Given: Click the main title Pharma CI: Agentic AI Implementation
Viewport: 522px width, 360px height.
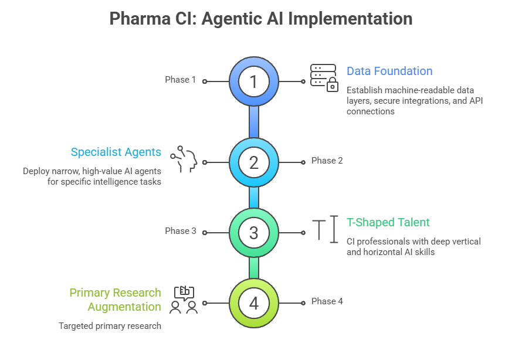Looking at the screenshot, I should coord(261,18).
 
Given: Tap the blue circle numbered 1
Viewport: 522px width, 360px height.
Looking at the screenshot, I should coord(253,81).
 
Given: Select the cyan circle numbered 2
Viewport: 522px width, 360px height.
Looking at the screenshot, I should coord(253,162).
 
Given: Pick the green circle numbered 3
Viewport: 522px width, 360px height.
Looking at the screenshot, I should coord(253,233).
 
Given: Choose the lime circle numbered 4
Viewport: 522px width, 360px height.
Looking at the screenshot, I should coord(253,303).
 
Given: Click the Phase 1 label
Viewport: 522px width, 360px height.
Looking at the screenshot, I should coord(181,80).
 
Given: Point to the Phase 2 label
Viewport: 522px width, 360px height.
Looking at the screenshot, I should coord(327,161).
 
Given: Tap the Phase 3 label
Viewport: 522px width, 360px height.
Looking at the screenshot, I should coord(181,231).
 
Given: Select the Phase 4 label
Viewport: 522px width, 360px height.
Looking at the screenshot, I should coord(327,301).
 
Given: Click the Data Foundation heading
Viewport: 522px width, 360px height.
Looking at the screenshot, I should coord(389,72).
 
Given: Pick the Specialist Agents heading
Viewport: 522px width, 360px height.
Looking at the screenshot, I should coord(116,152).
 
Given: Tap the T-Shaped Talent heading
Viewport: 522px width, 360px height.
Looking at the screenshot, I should coord(388,223).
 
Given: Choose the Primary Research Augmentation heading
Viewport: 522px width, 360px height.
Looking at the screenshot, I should coord(116,300).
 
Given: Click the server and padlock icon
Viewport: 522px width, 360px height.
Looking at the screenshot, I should coord(324,78).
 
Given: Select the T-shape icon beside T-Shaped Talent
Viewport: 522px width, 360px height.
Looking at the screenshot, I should coord(326,229).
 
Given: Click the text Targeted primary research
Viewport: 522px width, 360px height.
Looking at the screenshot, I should coord(110,326).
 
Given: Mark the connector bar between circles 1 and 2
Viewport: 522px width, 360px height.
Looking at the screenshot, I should coord(253,122).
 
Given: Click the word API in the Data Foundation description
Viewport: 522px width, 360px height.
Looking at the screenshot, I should coord(476,101).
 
